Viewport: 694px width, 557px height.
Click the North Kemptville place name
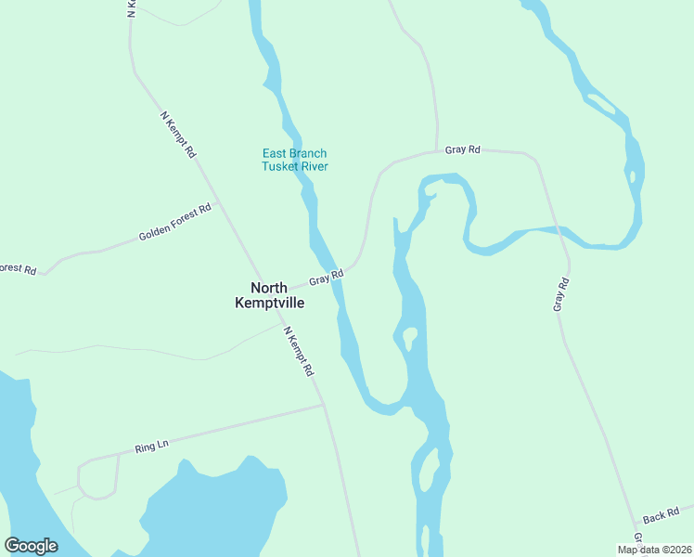click(270, 295)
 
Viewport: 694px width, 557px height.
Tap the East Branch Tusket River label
click(294, 160)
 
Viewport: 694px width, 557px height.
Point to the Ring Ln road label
click(151, 447)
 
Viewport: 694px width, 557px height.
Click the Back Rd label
click(661, 513)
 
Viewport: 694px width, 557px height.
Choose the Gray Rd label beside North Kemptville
click(327, 277)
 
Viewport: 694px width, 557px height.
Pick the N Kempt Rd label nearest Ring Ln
click(299, 351)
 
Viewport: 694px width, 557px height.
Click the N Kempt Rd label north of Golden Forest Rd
click(178, 135)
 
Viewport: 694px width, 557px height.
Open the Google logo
click(32, 546)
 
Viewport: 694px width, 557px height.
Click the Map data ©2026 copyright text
click(654, 550)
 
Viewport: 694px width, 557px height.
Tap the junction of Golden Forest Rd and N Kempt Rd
click(217, 205)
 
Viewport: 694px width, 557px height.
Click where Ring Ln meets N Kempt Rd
click(322, 405)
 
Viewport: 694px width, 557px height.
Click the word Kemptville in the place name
click(270, 303)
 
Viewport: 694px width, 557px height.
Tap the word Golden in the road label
click(157, 230)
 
